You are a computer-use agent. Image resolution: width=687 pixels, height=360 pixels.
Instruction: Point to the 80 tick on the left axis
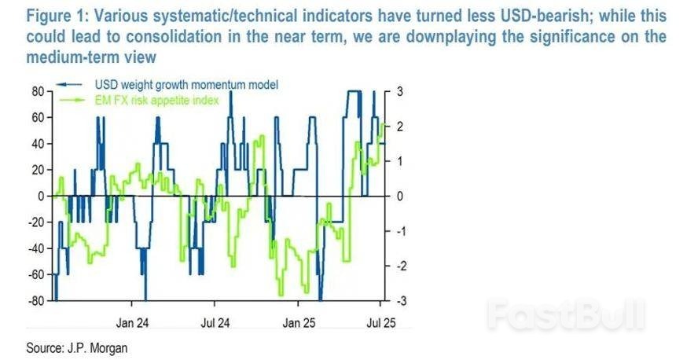(x=36, y=91)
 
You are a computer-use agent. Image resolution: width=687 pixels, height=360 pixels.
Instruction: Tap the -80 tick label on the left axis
(x=34, y=301)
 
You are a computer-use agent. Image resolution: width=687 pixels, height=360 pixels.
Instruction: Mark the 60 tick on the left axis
(x=36, y=117)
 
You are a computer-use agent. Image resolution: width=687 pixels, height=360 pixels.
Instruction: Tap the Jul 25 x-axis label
(x=381, y=321)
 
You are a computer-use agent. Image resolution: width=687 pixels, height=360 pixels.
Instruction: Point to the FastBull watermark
(x=565, y=314)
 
